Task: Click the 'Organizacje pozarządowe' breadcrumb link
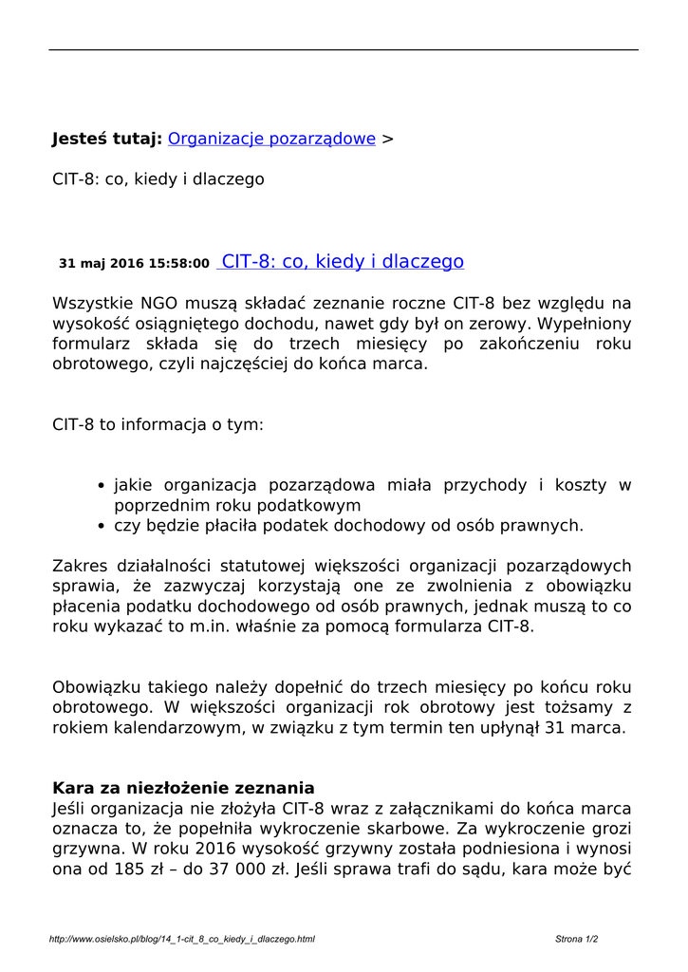(271, 139)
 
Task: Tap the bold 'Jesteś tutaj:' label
(106, 139)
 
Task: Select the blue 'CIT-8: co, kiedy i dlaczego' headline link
(342, 262)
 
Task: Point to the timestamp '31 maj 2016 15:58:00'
(134, 264)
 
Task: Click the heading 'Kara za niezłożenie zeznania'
(183, 788)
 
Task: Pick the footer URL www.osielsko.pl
(181, 939)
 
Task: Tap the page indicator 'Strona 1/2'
(576, 939)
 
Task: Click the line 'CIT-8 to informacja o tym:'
(158, 425)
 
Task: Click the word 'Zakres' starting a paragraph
(80, 566)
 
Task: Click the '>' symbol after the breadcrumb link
(386, 140)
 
